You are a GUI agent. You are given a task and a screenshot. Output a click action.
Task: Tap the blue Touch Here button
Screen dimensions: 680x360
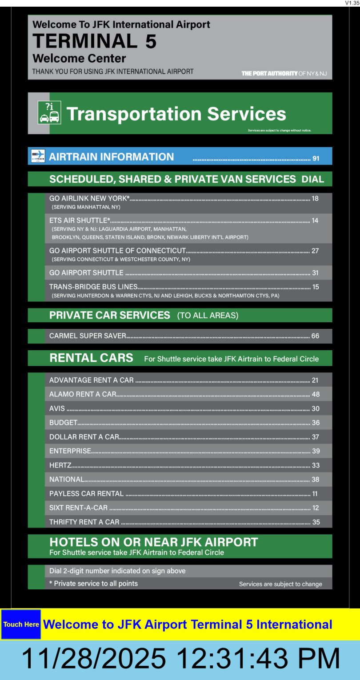coord(21,624)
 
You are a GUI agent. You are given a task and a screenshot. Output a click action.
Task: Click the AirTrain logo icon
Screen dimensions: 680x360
coord(38,156)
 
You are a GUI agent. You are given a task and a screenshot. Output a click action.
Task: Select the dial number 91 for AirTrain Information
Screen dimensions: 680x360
coord(316,158)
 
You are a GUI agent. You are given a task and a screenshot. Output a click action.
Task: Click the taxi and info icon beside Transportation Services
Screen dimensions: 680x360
coord(49,113)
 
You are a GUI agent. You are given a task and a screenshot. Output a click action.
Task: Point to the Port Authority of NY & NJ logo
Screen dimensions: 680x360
coord(284,73)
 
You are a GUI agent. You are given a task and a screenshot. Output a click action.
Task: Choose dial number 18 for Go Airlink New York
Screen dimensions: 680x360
coord(315,199)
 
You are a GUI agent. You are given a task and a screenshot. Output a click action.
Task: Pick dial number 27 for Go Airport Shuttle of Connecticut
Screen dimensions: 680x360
coord(315,251)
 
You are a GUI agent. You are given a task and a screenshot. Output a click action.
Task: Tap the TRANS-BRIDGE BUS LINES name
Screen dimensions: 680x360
coord(93,287)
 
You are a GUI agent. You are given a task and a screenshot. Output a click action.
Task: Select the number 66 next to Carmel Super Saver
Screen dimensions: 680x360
coord(315,336)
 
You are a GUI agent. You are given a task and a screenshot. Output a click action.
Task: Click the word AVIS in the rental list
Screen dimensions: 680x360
coord(57,408)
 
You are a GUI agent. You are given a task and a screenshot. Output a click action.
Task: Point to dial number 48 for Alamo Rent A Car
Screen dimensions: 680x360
coord(316,394)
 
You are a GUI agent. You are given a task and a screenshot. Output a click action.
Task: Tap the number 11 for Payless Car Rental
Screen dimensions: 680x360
coord(315,494)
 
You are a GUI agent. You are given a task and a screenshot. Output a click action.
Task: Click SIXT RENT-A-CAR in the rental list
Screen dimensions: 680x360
coord(78,508)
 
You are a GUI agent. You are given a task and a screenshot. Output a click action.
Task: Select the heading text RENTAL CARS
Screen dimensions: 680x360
coord(91,358)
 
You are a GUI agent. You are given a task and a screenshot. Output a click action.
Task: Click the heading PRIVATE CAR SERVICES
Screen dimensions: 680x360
coord(110,315)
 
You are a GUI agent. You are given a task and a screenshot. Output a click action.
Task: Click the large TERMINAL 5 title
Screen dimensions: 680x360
coord(95,41)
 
